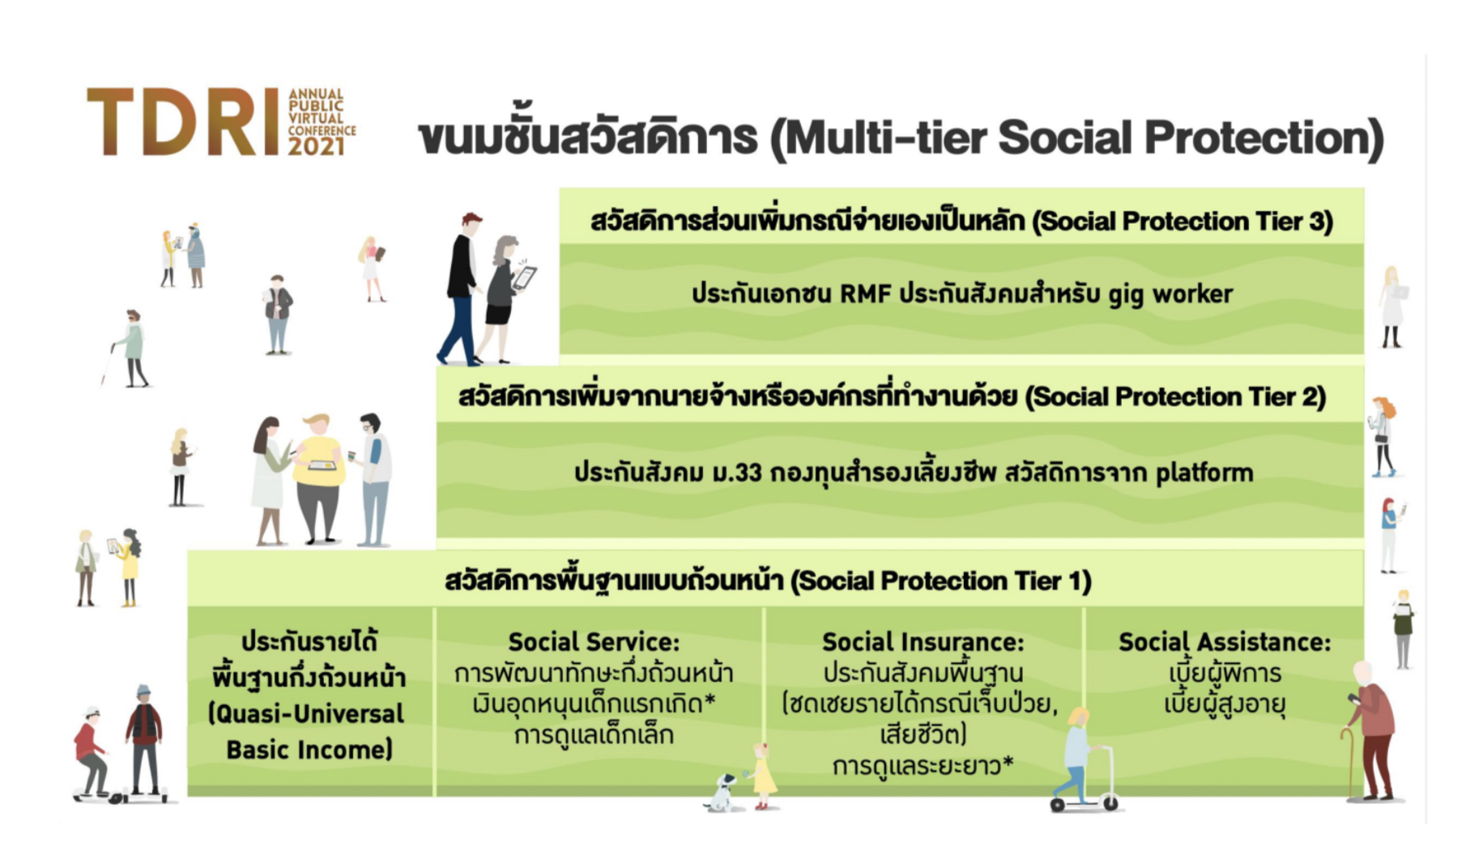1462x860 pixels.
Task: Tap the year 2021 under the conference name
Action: click(x=317, y=147)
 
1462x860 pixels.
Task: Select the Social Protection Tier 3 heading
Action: click(x=961, y=220)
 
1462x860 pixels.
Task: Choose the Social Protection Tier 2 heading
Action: click(x=892, y=396)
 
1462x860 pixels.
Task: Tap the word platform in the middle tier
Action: click(x=1204, y=473)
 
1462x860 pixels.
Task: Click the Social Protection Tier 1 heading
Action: click(x=768, y=580)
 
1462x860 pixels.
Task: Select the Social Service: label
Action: click(x=594, y=642)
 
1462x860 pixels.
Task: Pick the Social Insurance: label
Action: click(x=923, y=642)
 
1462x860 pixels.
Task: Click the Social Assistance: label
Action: click(x=1224, y=642)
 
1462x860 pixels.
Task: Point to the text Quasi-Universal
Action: click(x=309, y=714)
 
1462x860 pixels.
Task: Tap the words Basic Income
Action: click(x=309, y=750)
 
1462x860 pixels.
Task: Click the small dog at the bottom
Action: click(x=720, y=793)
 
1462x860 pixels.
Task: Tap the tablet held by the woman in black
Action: click(x=523, y=278)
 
